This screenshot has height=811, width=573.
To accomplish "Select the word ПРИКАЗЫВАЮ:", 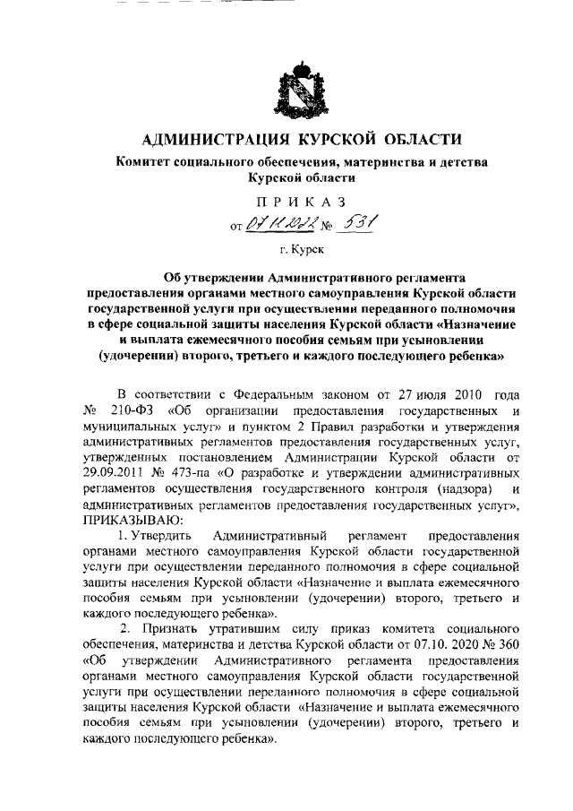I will point(133,520).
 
